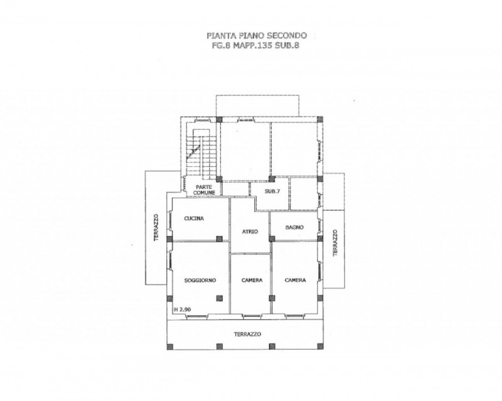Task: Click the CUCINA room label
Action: (x=194, y=218)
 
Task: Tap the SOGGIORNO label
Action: (x=200, y=281)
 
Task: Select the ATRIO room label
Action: (x=250, y=232)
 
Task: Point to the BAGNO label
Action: (x=294, y=227)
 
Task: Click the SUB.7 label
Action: (x=272, y=191)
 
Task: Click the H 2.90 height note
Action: (x=183, y=309)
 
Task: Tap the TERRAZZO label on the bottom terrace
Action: (x=247, y=334)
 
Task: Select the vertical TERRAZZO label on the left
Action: (x=156, y=227)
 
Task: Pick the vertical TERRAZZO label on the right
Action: (x=335, y=242)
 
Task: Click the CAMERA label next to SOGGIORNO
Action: (x=252, y=281)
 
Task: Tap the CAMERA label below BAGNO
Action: (x=295, y=281)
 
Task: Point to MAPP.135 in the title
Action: (x=253, y=45)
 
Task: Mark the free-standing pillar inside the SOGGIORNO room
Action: (x=219, y=298)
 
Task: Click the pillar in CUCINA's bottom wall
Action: (x=219, y=238)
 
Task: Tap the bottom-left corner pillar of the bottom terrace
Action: (x=169, y=346)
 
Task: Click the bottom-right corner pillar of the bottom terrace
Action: (x=320, y=346)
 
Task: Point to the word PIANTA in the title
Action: (x=218, y=35)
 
